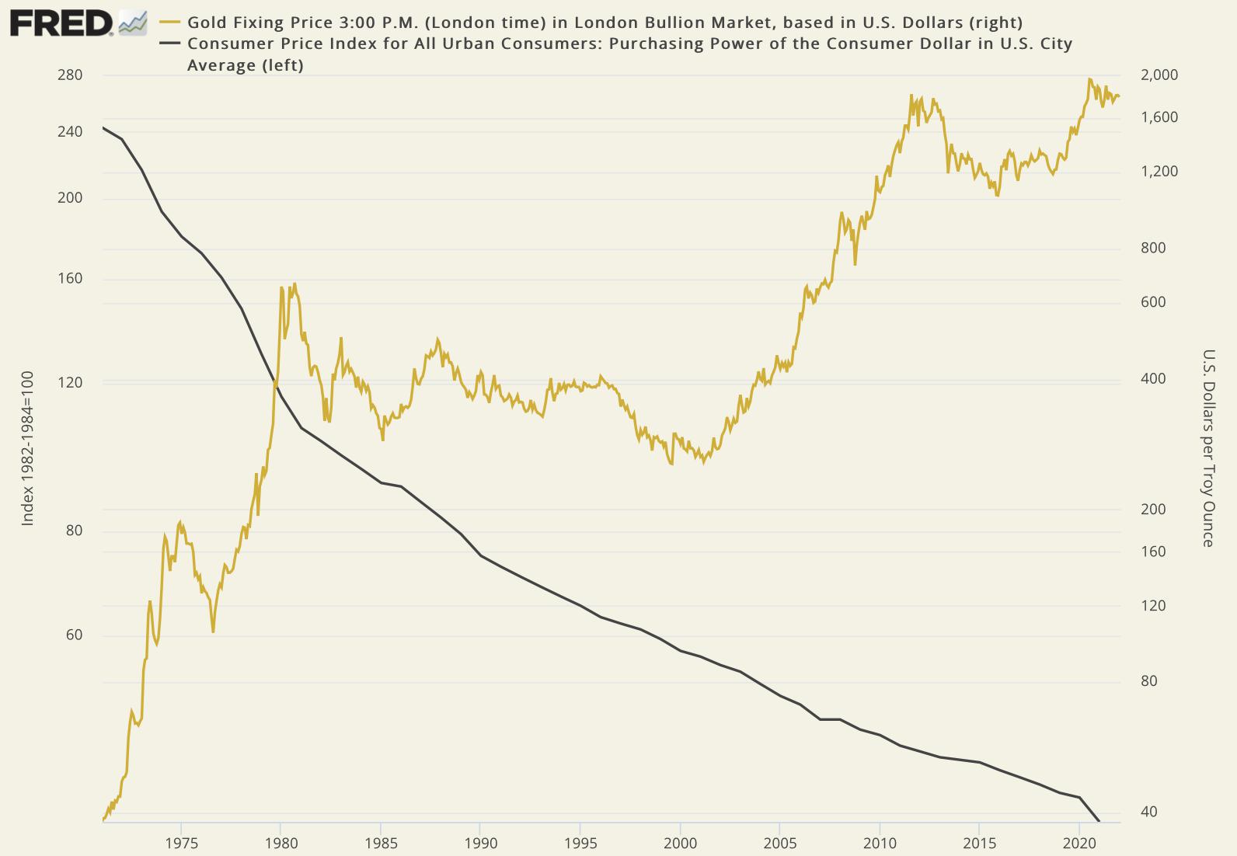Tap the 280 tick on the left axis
pyautogui.click(x=70, y=75)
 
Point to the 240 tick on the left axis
pyautogui.click(x=70, y=132)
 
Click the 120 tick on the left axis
pyautogui.click(x=70, y=382)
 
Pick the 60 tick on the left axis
pyautogui.click(x=70, y=635)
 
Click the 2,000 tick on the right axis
pyautogui.click(x=1159, y=75)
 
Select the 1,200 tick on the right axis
pyautogui.click(x=1159, y=172)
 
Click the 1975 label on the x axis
pyautogui.click(x=181, y=844)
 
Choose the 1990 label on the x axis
pyautogui.click(x=480, y=844)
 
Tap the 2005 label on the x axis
pyautogui.click(x=780, y=844)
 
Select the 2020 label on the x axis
pyautogui.click(x=1079, y=844)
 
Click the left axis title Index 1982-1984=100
pyautogui.click(x=28, y=448)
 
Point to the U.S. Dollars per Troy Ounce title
pyautogui.click(x=1208, y=448)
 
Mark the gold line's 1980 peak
pyautogui.click(x=281, y=288)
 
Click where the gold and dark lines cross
pyautogui.click(x=274, y=382)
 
